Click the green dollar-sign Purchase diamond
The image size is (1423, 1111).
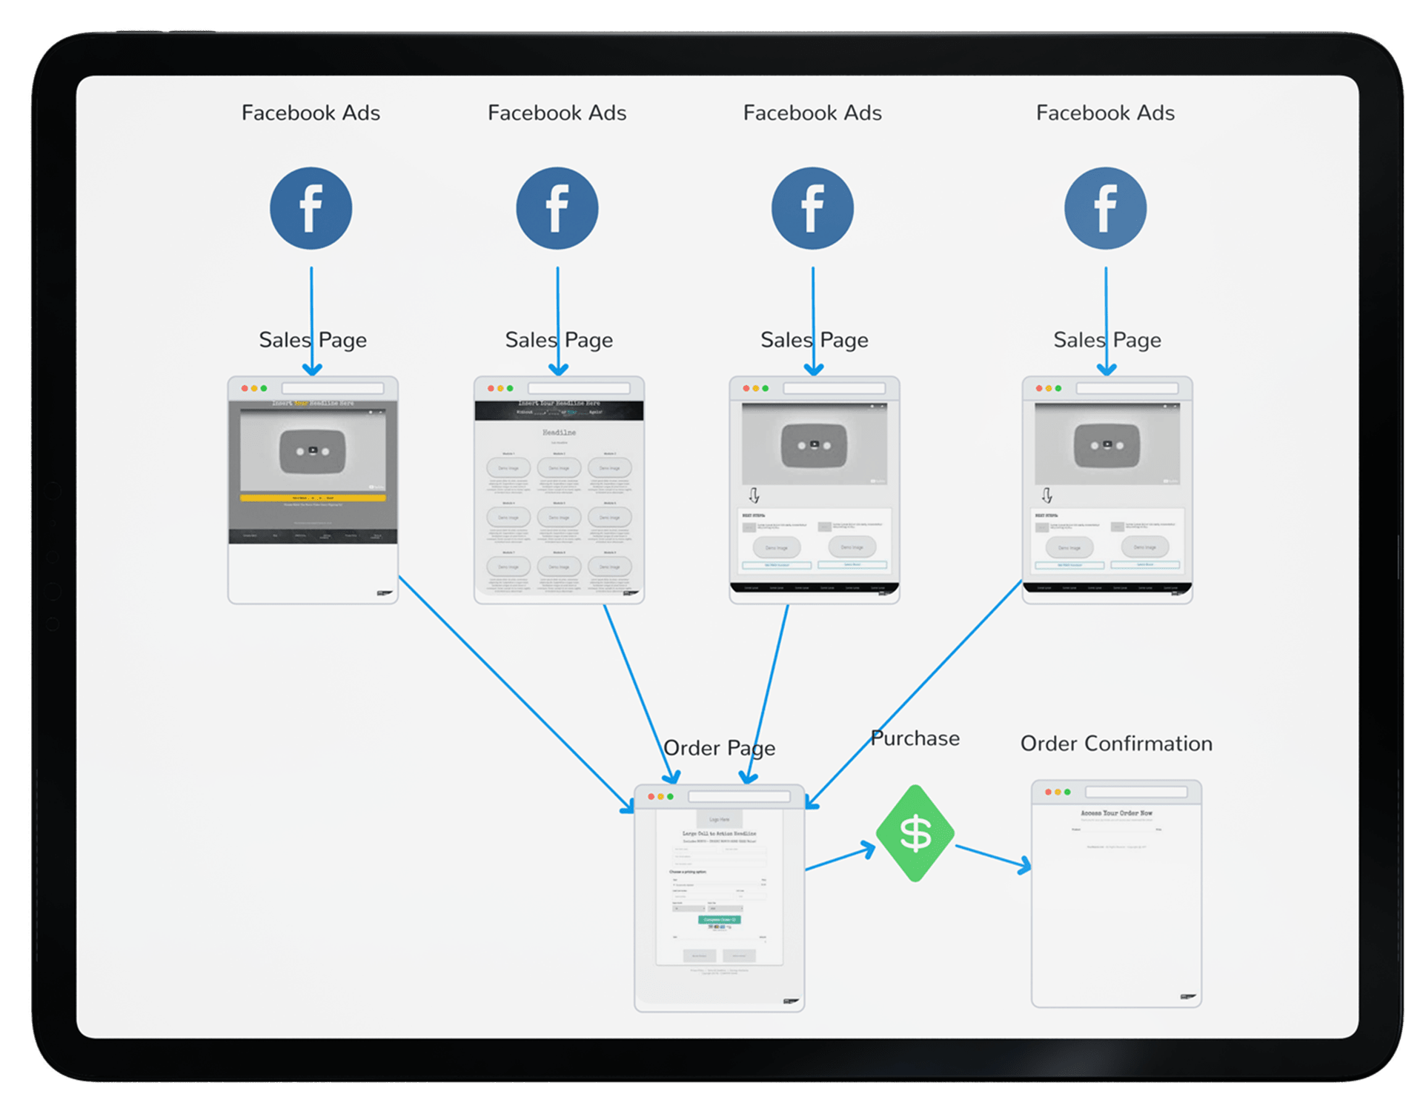[915, 833]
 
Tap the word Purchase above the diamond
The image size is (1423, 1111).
[915, 738]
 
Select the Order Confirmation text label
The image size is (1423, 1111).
[1116, 744]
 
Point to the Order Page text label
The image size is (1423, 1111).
[719, 748]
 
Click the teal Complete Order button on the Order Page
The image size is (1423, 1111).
[719, 919]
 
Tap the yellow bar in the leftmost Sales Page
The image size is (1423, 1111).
[312, 498]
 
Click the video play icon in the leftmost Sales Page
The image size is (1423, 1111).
[313, 450]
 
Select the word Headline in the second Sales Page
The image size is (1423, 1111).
[559, 433]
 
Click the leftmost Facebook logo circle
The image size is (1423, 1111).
[311, 208]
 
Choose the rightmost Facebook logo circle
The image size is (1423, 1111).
[1105, 208]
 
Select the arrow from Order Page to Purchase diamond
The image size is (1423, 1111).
[840, 859]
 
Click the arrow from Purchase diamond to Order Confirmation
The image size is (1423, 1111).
[993, 857]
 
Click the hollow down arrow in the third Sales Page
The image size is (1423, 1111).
[754, 495]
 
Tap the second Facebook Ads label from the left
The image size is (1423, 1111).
[557, 113]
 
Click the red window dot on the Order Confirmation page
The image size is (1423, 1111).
[1048, 792]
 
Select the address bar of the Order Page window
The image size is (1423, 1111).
[739, 796]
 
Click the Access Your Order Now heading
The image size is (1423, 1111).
[1116, 813]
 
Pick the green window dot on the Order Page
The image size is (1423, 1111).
[670, 796]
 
